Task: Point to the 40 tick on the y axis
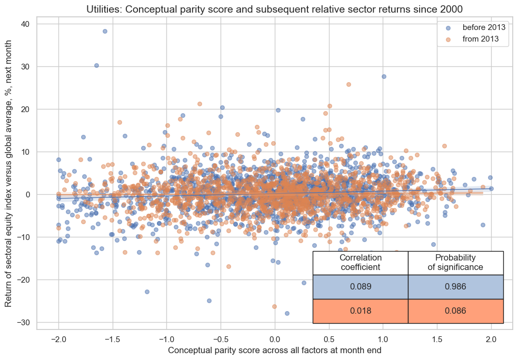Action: (x=25, y=24)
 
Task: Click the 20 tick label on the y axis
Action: (x=25, y=109)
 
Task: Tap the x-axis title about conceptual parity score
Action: (x=274, y=350)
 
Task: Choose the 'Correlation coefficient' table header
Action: (x=361, y=263)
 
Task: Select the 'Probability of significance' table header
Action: (x=456, y=263)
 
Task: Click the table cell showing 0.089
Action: (x=361, y=287)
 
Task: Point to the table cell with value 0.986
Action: (x=456, y=287)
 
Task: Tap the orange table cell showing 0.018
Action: (x=361, y=311)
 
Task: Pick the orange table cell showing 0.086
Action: (x=456, y=311)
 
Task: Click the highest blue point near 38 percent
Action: (x=105, y=32)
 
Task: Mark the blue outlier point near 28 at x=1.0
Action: (x=384, y=76)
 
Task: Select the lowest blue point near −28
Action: (x=287, y=313)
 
